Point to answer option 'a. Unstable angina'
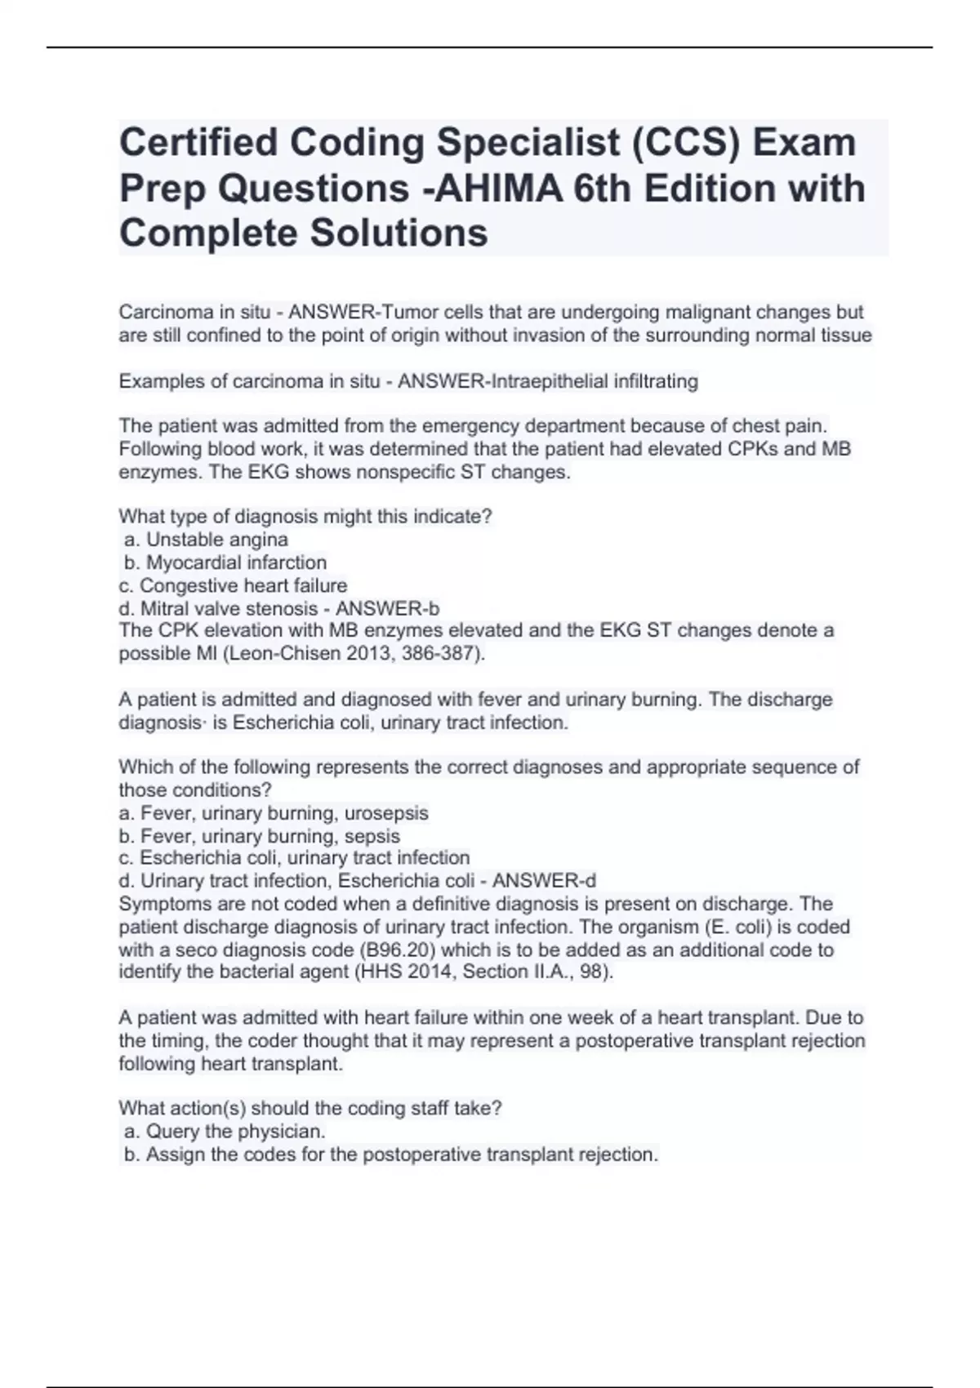click(206, 540)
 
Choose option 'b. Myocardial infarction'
click(225, 563)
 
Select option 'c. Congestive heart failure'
click(233, 585)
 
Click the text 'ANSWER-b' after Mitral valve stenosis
click(387, 608)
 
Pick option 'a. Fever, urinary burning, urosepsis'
click(274, 813)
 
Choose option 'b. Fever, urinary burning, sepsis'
click(259, 836)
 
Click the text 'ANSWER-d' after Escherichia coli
click(544, 881)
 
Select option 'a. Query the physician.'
click(225, 1132)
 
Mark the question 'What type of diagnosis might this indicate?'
click(305, 517)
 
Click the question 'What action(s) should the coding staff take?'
click(310, 1109)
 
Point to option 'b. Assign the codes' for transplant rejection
click(390, 1154)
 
